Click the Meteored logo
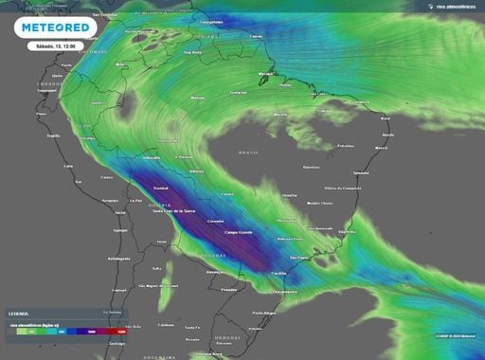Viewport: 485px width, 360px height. (x=59, y=27)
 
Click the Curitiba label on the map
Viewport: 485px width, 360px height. (x=278, y=272)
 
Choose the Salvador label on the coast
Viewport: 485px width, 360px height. (x=361, y=172)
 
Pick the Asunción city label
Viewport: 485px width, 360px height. (x=218, y=271)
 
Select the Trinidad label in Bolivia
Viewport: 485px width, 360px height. (x=148, y=187)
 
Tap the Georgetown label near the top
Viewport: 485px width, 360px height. (x=211, y=21)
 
